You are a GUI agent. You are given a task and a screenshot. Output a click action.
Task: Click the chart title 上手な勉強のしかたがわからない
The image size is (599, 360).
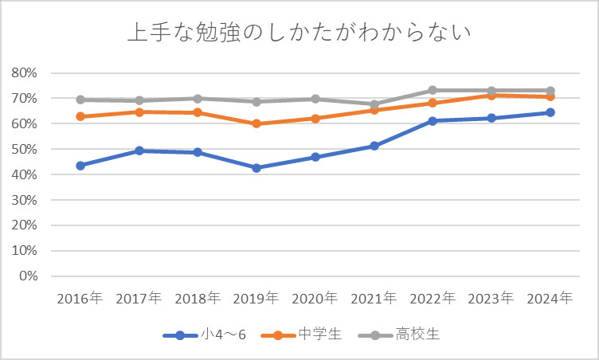point(299,33)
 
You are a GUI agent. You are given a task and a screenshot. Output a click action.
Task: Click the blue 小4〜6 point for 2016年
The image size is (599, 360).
point(80,166)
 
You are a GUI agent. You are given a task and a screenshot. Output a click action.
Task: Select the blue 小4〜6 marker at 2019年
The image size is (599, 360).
point(256,168)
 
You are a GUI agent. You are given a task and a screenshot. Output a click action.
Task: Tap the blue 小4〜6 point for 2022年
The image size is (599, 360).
point(433,121)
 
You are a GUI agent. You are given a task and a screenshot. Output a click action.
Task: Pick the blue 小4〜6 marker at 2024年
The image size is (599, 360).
point(550,112)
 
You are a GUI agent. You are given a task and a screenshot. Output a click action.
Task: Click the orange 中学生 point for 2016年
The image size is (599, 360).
point(80,116)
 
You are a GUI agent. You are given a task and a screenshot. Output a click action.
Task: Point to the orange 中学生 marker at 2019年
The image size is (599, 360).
point(256,123)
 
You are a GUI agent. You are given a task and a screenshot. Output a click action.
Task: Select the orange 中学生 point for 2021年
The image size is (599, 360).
point(374,110)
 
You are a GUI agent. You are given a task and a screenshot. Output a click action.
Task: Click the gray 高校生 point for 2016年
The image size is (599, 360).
point(80,100)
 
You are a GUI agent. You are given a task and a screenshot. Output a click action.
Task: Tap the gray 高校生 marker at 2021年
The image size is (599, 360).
point(374,104)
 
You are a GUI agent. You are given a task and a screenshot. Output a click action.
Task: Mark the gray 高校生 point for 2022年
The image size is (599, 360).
point(433,90)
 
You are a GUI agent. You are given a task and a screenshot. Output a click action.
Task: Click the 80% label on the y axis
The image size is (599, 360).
point(25,73)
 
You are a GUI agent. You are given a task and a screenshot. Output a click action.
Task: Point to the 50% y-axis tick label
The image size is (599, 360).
point(25,150)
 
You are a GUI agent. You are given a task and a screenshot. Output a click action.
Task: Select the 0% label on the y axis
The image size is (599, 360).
point(28,276)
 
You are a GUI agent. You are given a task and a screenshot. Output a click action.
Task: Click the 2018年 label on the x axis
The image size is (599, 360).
point(198,299)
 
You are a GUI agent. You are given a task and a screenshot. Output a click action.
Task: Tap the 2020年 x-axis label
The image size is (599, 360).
point(315,299)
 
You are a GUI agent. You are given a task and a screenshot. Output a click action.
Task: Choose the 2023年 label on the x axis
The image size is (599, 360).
point(491,299)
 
